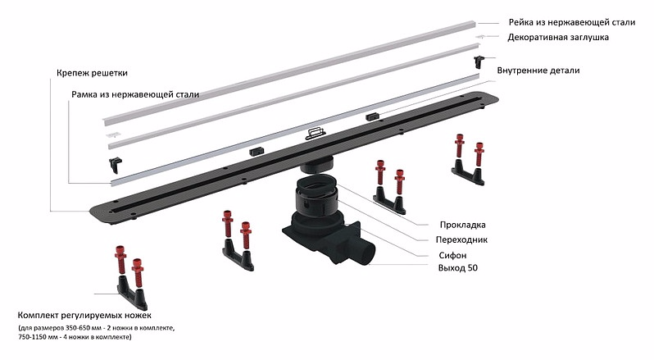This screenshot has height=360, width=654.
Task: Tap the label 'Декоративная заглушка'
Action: click(x=557, y=38)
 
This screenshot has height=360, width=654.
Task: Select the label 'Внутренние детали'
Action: click(x=538, y=71)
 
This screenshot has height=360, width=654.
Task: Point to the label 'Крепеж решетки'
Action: click(x=93, y=73)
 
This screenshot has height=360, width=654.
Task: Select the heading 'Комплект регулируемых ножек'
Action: click(x=84, y=316)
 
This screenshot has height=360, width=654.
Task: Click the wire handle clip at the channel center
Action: click(x=315, y=132)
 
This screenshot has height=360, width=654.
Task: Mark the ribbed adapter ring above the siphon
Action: click(x=311, y=196)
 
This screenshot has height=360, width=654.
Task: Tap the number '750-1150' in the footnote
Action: click(x=35, y=337)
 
